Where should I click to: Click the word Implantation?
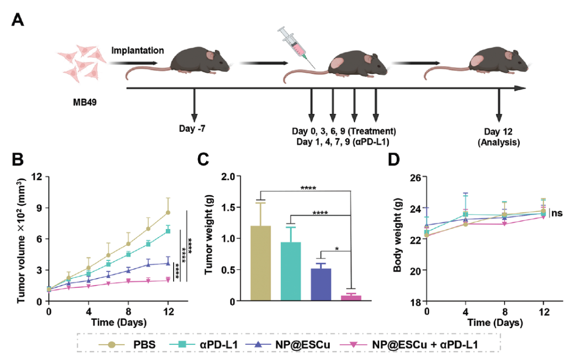point(138,50)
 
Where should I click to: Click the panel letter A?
point(18,20)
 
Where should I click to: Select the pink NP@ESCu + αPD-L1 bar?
point(351,298)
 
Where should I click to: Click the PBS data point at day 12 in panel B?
point(168,212)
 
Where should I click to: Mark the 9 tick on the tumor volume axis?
point(39,207)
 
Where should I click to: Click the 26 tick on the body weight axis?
point(415,177)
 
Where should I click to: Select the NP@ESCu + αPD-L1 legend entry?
point(416,344)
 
